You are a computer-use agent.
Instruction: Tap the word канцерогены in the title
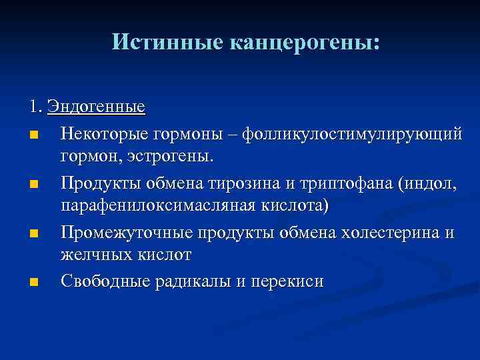pyautogui.click(x=305, y=42)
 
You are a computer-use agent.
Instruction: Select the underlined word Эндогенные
pyautogui.click(x=101, y=107)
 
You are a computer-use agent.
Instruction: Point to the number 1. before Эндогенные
pyautogui.click(x=36, y=107)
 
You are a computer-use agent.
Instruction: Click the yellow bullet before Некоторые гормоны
pyautogui.click(x=34, y=136)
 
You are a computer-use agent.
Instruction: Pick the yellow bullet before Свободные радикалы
pyautogui.click(x=34, y=283)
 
